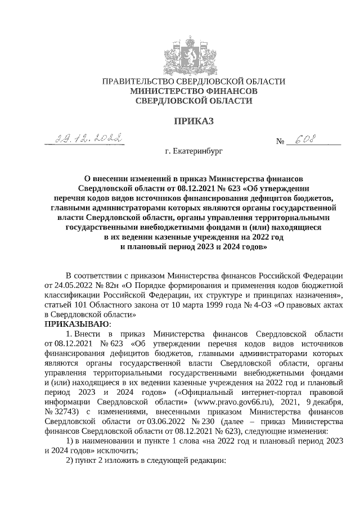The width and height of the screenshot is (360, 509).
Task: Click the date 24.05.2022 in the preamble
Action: point(65,286)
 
